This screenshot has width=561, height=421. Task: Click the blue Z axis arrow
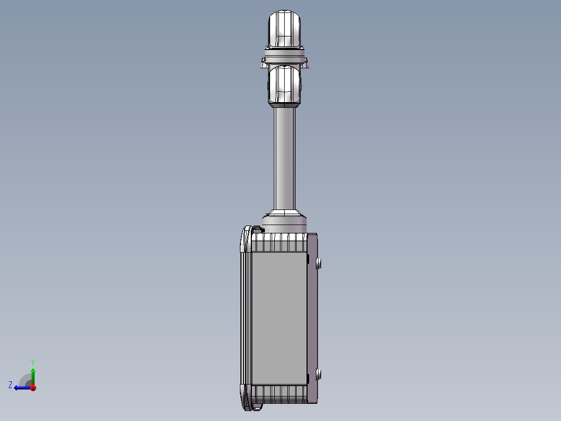click(21, 387)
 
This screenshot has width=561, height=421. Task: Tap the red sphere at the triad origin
click(33, 388)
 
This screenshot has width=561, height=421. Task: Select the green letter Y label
click(32, 362)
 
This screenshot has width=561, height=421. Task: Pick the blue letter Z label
click(10, 385)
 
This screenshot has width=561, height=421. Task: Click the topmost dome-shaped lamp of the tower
click(285, 29)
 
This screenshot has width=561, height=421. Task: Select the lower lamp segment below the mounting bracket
click(285, 84)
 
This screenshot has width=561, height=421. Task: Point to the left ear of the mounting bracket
click(262, 64)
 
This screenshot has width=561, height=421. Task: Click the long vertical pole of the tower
click(285, 156)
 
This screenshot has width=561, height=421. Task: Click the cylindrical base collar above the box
click(285, 225)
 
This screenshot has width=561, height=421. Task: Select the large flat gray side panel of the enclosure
click(279, 318)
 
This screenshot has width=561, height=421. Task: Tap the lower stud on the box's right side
click(320, 374)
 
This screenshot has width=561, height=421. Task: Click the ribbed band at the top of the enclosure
click(280, 243)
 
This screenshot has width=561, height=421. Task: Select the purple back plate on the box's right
click(312, 318)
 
